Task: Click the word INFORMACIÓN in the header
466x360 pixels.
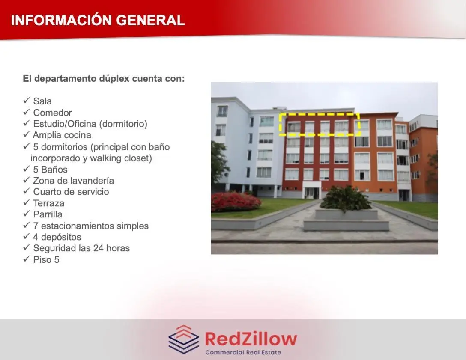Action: click(x=61, y=20)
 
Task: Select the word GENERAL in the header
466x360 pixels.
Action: click(x=150, y=20)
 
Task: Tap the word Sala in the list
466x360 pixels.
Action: click(x=42, y=101)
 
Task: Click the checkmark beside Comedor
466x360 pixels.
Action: click(x=27, y=112)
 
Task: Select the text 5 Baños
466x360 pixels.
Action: click(x=50, y=170)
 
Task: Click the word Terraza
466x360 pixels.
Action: click(x=49, y=203)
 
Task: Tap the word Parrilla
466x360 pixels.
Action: click(x=48, y=214)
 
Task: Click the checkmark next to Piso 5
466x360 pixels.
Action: click(x=27, y=259)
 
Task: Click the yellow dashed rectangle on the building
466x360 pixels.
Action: click(x=320, y=113)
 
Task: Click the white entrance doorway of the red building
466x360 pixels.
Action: click(x=311, y=190)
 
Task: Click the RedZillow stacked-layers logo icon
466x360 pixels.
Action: click(x=184, y=339)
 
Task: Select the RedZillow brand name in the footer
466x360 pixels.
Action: click(x=251, y=339)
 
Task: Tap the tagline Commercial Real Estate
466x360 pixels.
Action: click(x=243, y=352)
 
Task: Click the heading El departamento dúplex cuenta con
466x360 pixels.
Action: click(x=104, y=79)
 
